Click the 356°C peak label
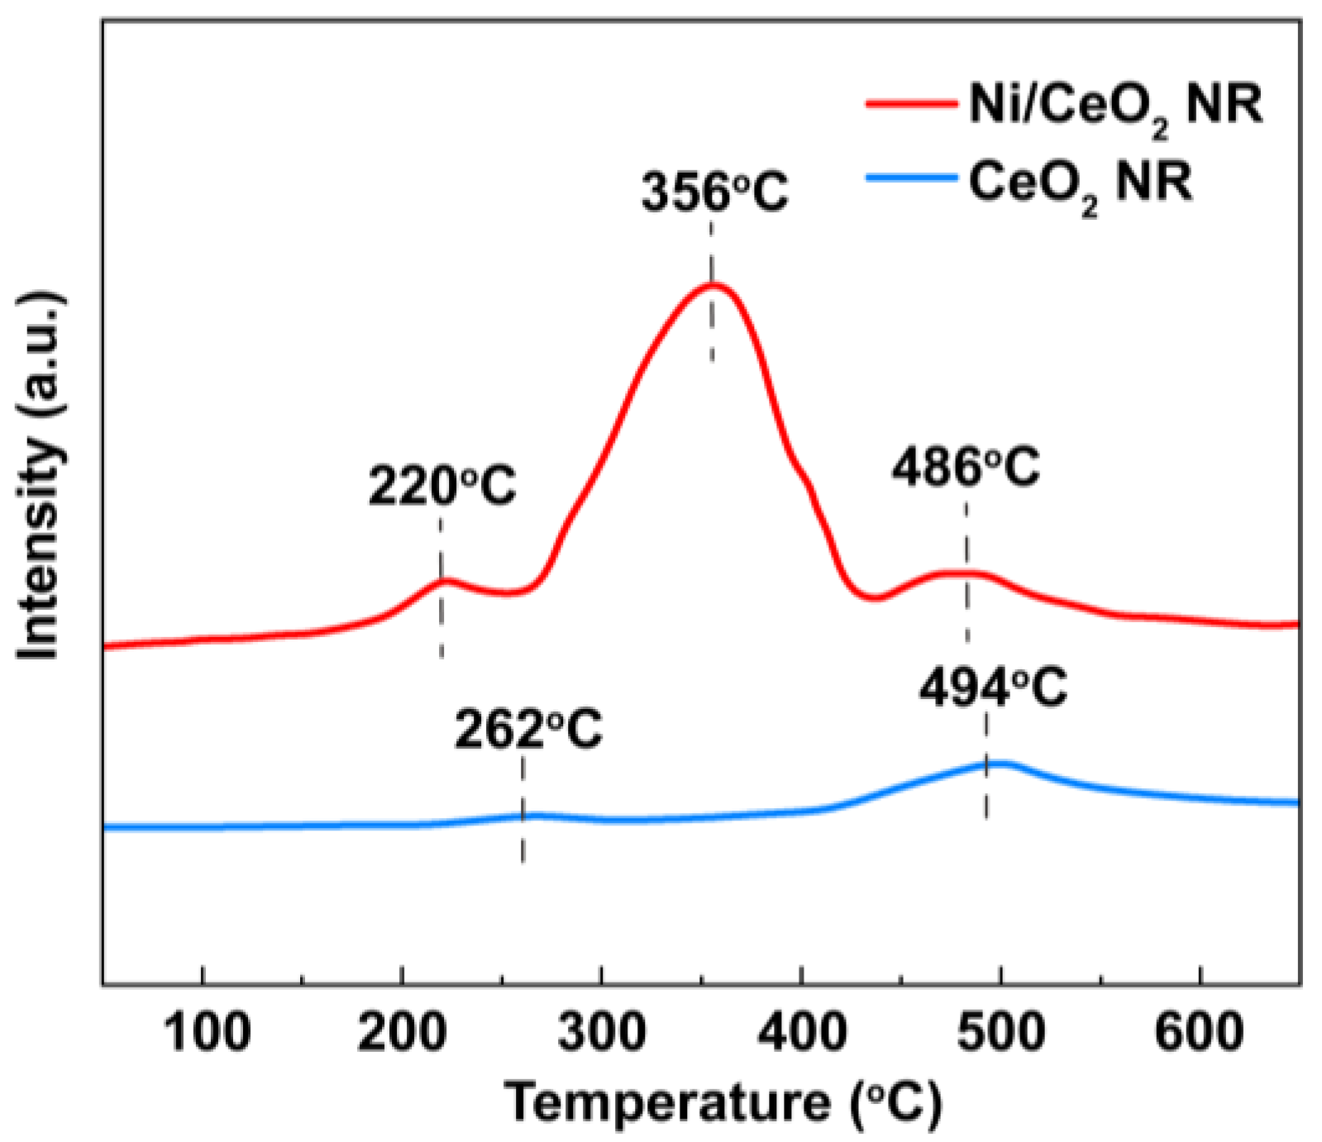[715, 192]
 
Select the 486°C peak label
[966, 469]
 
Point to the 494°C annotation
[993, 688]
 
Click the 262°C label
[528, 729]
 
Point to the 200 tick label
[402, 1033]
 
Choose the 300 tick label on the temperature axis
[602, 1033]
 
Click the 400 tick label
[802, 1033]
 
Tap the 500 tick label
[1001, 1033]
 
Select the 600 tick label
[1200, 1033]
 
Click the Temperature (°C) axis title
[723, 1102]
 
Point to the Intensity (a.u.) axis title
[40, 475]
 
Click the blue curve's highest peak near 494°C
[996, 763]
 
